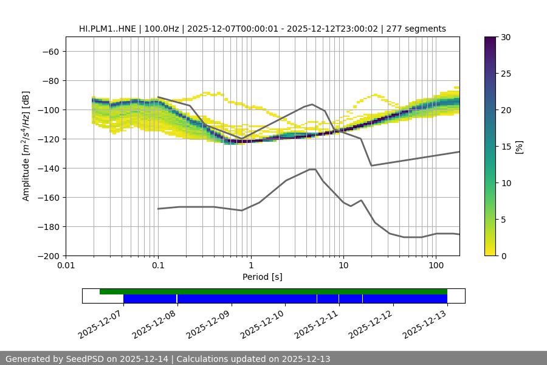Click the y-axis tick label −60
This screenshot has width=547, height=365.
[50, 51]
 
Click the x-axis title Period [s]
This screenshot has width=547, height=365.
[262, 277]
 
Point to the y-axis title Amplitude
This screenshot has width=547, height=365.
[26, 146]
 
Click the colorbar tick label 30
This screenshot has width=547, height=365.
[505, 37]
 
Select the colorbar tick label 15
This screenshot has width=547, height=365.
[505, 147]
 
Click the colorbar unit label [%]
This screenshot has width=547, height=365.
[519, 147]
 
